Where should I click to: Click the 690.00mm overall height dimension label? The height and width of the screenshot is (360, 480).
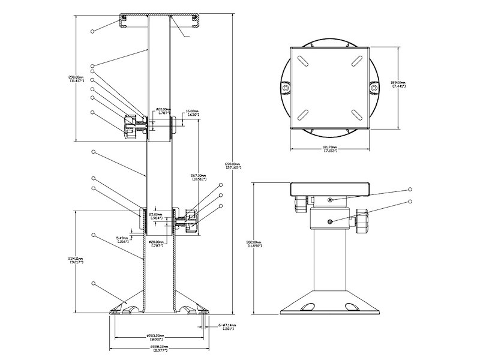pos(233,166)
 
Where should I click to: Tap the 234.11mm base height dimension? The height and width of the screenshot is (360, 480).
pos(76,260)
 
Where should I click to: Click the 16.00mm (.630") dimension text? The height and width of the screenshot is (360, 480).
pos(192,113)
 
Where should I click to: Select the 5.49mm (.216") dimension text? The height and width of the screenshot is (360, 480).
pos(122,240)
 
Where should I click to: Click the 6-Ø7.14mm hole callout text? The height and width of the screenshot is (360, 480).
pos(228,326)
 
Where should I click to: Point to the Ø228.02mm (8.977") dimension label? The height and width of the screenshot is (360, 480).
pos(158,349)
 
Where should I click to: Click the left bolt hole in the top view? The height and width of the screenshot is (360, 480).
pos(285,88)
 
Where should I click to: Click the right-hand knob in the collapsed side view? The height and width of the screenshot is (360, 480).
pos(362,222)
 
